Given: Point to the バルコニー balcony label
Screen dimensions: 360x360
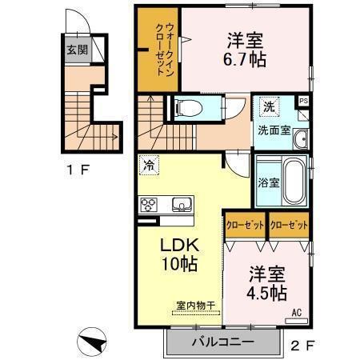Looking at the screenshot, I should point(222,342).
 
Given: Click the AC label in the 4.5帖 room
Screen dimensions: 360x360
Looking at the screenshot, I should point(295,312).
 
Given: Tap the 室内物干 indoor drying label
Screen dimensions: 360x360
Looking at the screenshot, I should point(191,304).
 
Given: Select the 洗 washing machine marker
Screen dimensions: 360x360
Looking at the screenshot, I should point(269,106).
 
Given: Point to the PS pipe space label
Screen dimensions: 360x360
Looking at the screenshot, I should point(303,101).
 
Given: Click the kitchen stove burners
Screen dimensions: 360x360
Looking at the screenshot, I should point(150,205).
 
